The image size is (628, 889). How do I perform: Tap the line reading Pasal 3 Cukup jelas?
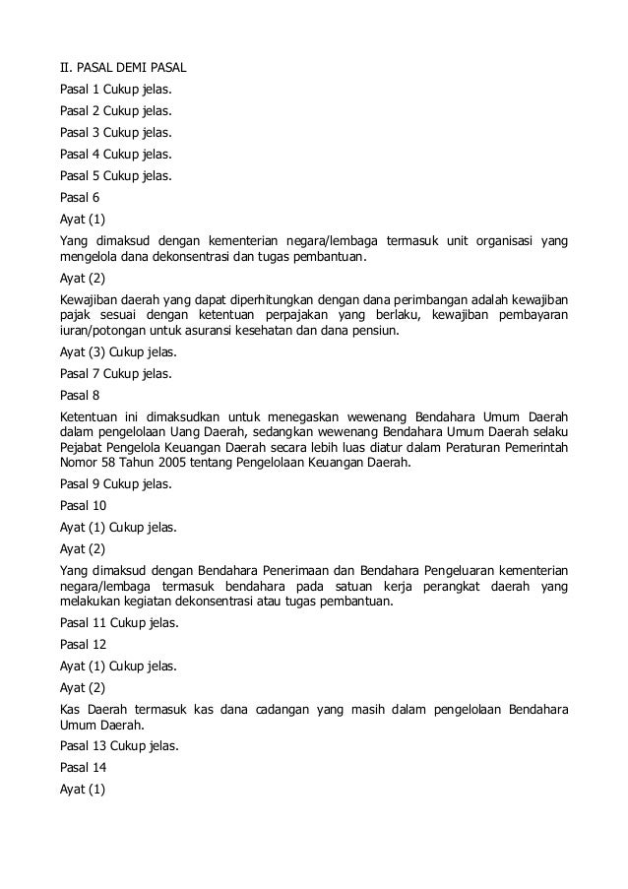(x=115, y=131)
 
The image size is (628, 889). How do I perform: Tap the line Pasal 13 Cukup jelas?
(x=119, y=745)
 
